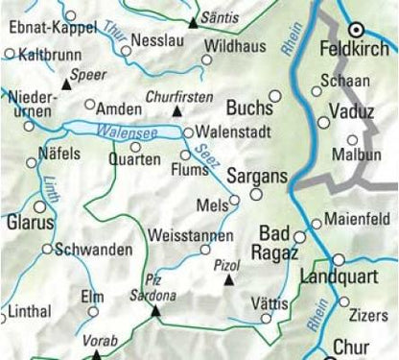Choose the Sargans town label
[256, 179]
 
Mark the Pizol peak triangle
[228, 280]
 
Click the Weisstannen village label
[191, 235]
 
